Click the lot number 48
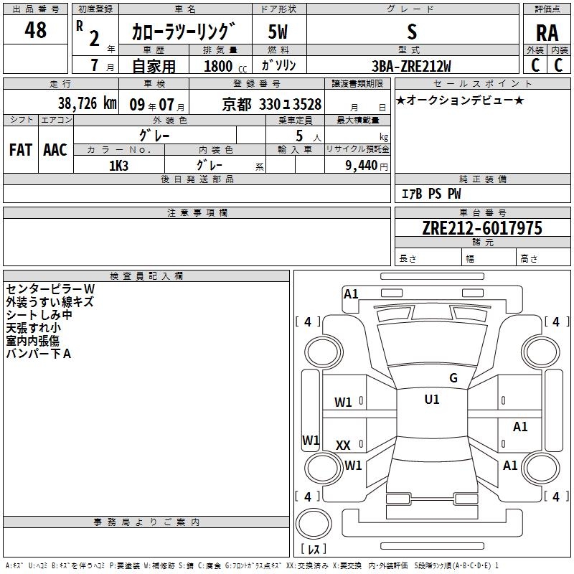[36, 30]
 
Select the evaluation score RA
[547, 33]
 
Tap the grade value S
[411, 32]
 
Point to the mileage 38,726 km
[87, 103]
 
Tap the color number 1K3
[118, 165]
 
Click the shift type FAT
[20, 150]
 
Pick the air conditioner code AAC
[55, 150]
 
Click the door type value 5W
[278, 32]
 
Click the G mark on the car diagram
[453, 378]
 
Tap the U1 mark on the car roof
[431, 400]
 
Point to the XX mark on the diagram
[343, 446]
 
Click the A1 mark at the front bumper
[351, 293]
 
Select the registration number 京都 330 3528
[271, 104]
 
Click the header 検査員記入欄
[146, 276]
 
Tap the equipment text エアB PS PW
[430, 194]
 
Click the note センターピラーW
[50, 288]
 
